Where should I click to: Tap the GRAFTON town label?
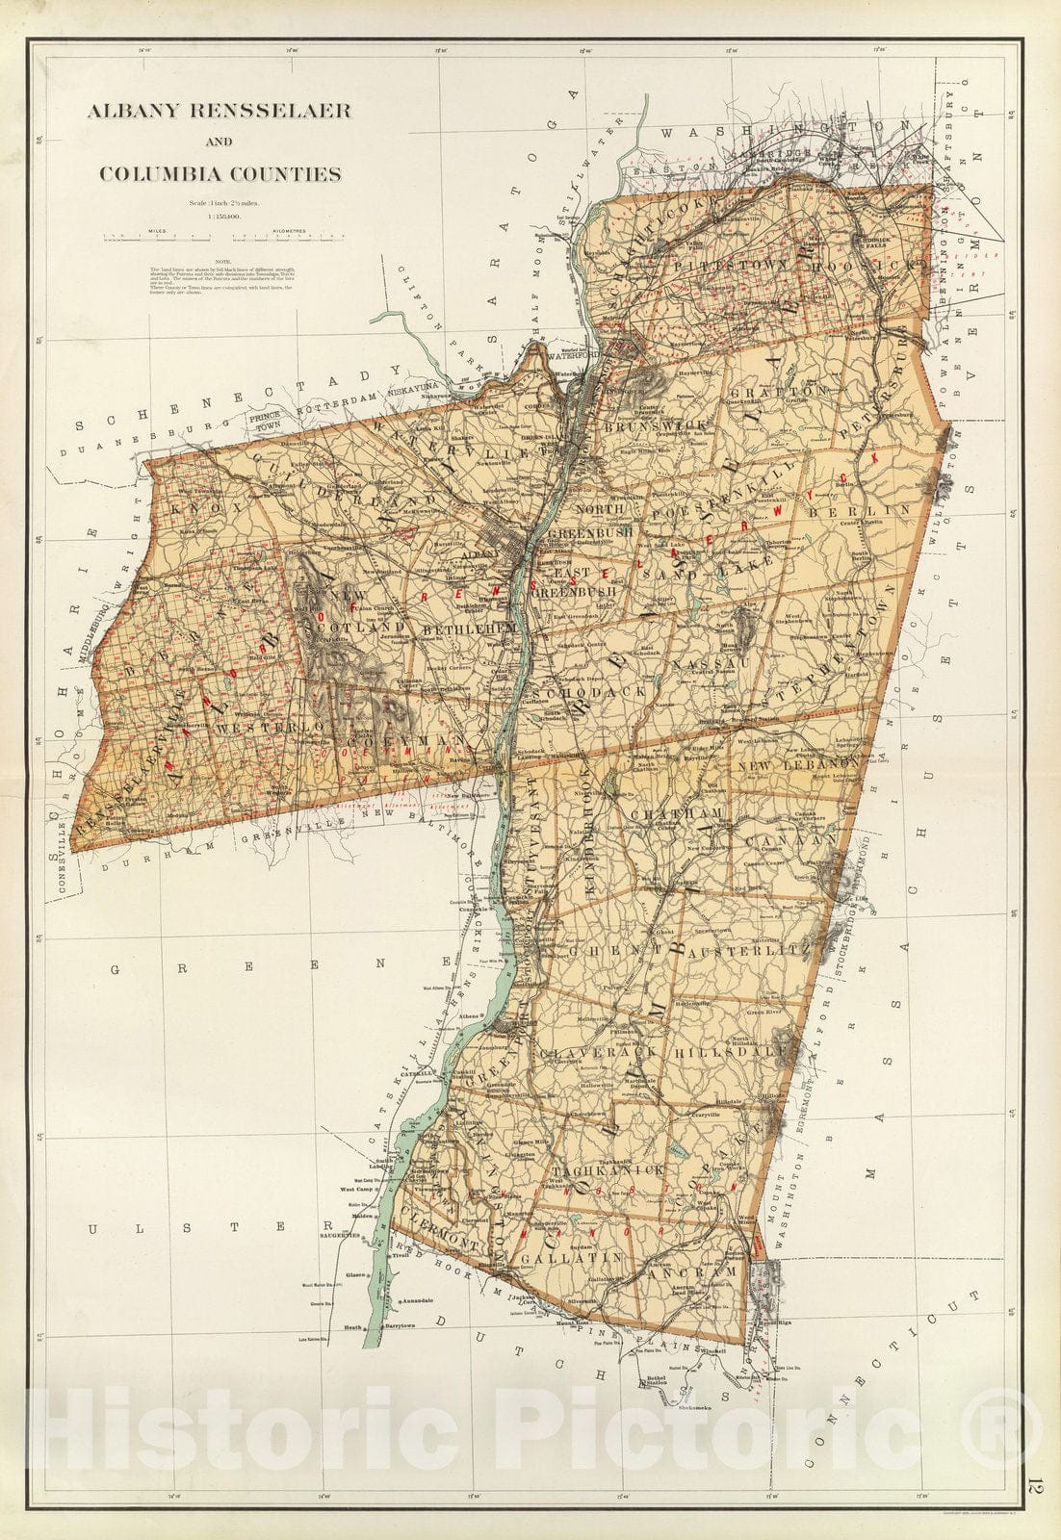777,393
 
